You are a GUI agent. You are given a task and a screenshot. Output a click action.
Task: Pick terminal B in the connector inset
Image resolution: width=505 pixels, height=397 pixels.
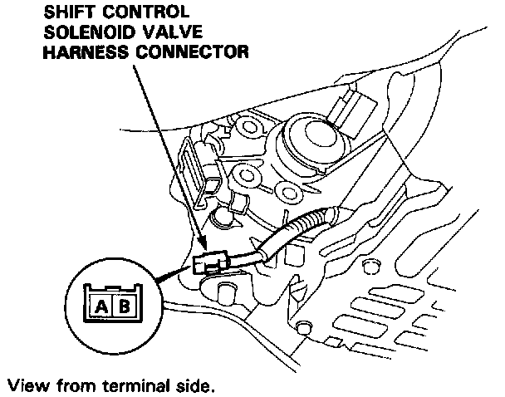[123, 305]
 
